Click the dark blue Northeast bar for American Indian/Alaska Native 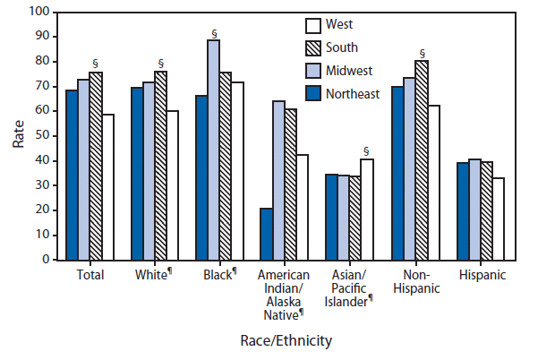pos(267,234)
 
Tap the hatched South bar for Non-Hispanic pos(422,160)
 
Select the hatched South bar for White pos(161,166)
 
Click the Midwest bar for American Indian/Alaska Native pos(279,180)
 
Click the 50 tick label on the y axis pos(39,136)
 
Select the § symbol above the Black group pos(214,33)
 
